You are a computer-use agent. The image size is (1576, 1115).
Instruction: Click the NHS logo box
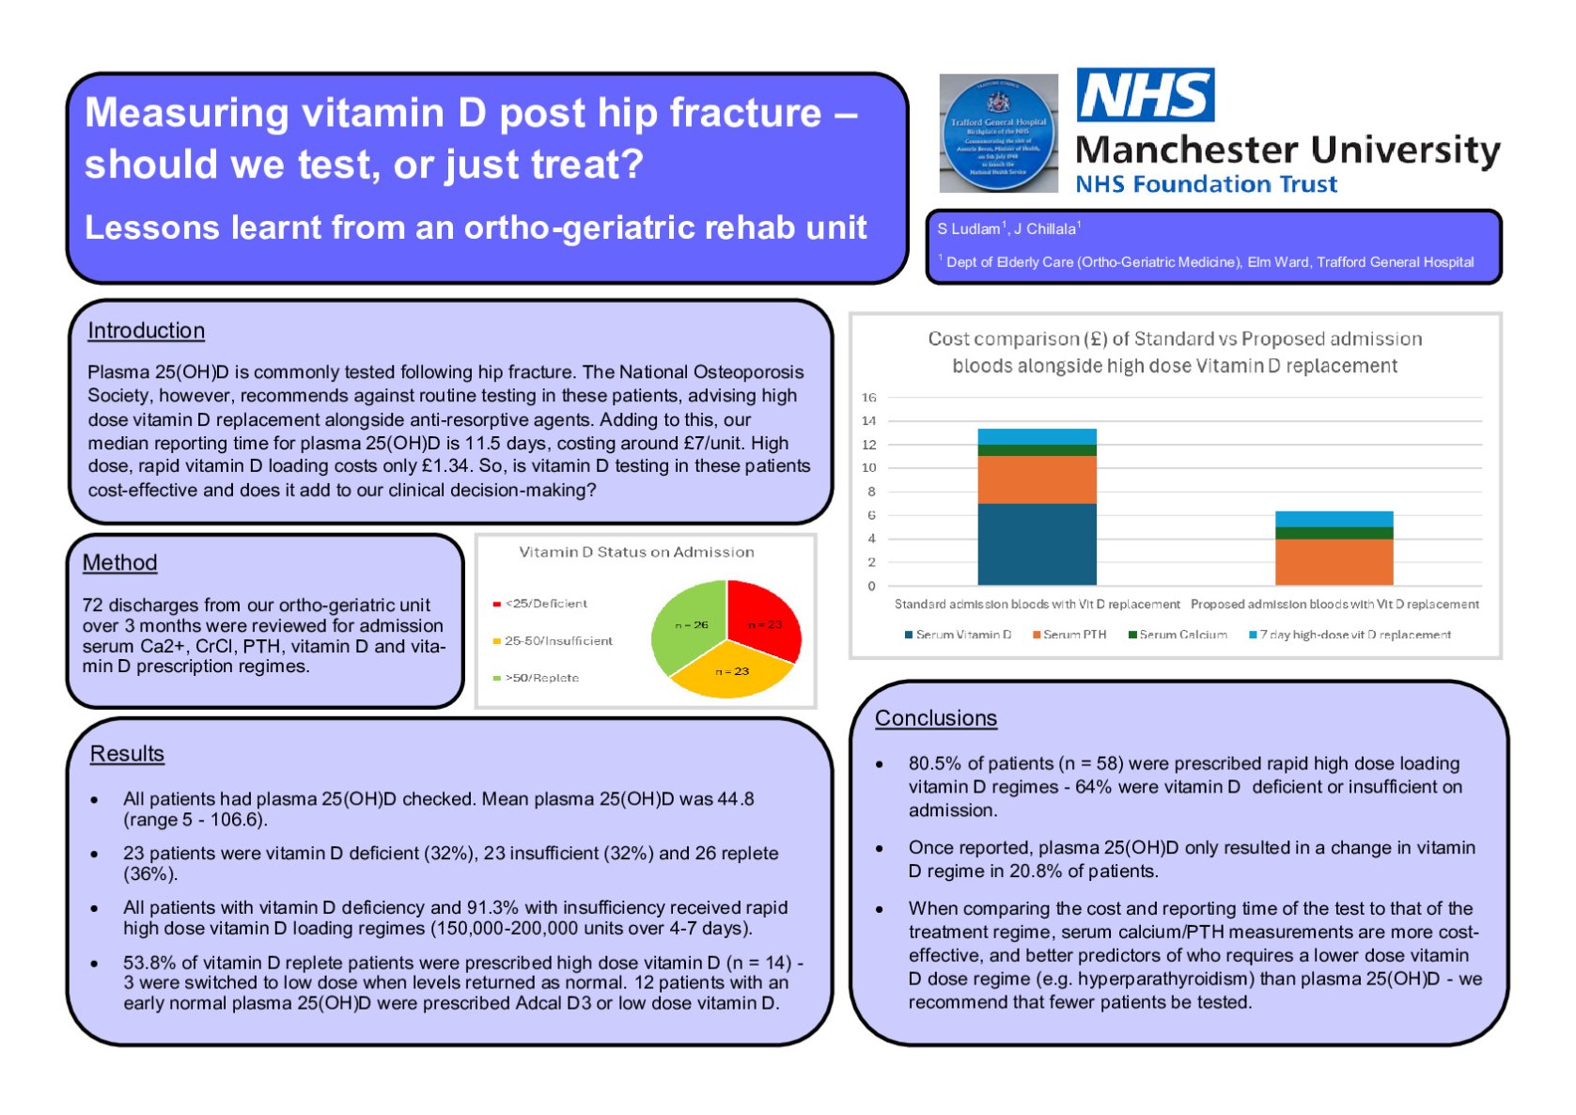(1145, 95)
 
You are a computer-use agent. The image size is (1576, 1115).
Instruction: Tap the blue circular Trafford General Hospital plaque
(998, 134)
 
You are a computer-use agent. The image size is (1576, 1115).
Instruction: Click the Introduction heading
(146, 331)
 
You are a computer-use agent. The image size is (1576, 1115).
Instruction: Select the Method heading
(119, 562)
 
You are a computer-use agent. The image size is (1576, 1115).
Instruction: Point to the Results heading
(127, 754)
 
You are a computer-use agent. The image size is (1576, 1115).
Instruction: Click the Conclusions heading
(935, 718)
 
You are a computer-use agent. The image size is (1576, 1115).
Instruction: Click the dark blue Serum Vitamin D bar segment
(1037, 544)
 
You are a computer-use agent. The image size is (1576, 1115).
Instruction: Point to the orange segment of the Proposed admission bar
(1334, 561)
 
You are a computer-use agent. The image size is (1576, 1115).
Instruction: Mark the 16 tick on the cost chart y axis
(868, 398)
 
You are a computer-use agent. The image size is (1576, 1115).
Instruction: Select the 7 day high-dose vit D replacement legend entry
(1354, 635)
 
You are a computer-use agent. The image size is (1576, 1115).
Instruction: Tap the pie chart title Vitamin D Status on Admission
(636, 552)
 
